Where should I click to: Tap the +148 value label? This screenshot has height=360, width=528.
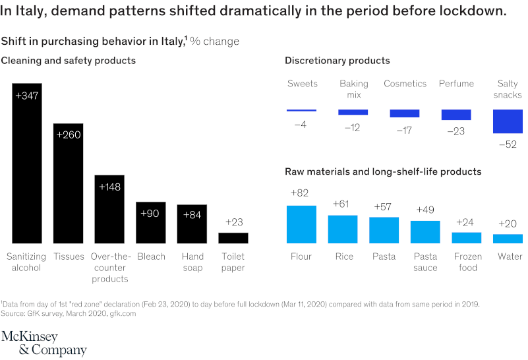point(109,187)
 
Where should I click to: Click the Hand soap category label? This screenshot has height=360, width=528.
point(192,262)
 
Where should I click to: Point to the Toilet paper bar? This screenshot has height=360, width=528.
point(233,238)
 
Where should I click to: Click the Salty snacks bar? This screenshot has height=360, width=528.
point(508,121)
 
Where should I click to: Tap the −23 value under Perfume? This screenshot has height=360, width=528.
point(455,131)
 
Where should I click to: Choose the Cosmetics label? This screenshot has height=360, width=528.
point(405,84)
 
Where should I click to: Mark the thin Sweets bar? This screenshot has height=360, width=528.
point(302,110)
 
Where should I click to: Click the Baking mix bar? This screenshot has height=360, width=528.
point(353,112)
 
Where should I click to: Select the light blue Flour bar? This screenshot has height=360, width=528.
point(301,225)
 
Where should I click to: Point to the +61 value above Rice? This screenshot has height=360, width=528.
point(343,204)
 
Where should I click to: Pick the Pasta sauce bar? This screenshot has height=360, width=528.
point(425,232)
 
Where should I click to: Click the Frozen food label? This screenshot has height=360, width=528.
point(467,262)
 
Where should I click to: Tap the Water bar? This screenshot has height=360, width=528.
point(508,239)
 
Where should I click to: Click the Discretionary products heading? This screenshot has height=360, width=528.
point(337,61)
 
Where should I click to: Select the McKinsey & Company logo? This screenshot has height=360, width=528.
point(44,343)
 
